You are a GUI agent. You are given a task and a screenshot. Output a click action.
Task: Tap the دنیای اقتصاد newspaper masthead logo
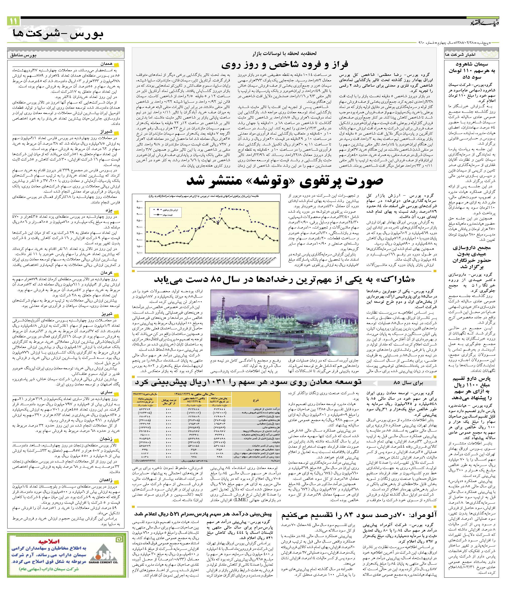(x=483, y=22)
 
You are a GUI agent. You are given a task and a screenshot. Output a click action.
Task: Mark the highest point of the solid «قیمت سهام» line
(x=207, y=215)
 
